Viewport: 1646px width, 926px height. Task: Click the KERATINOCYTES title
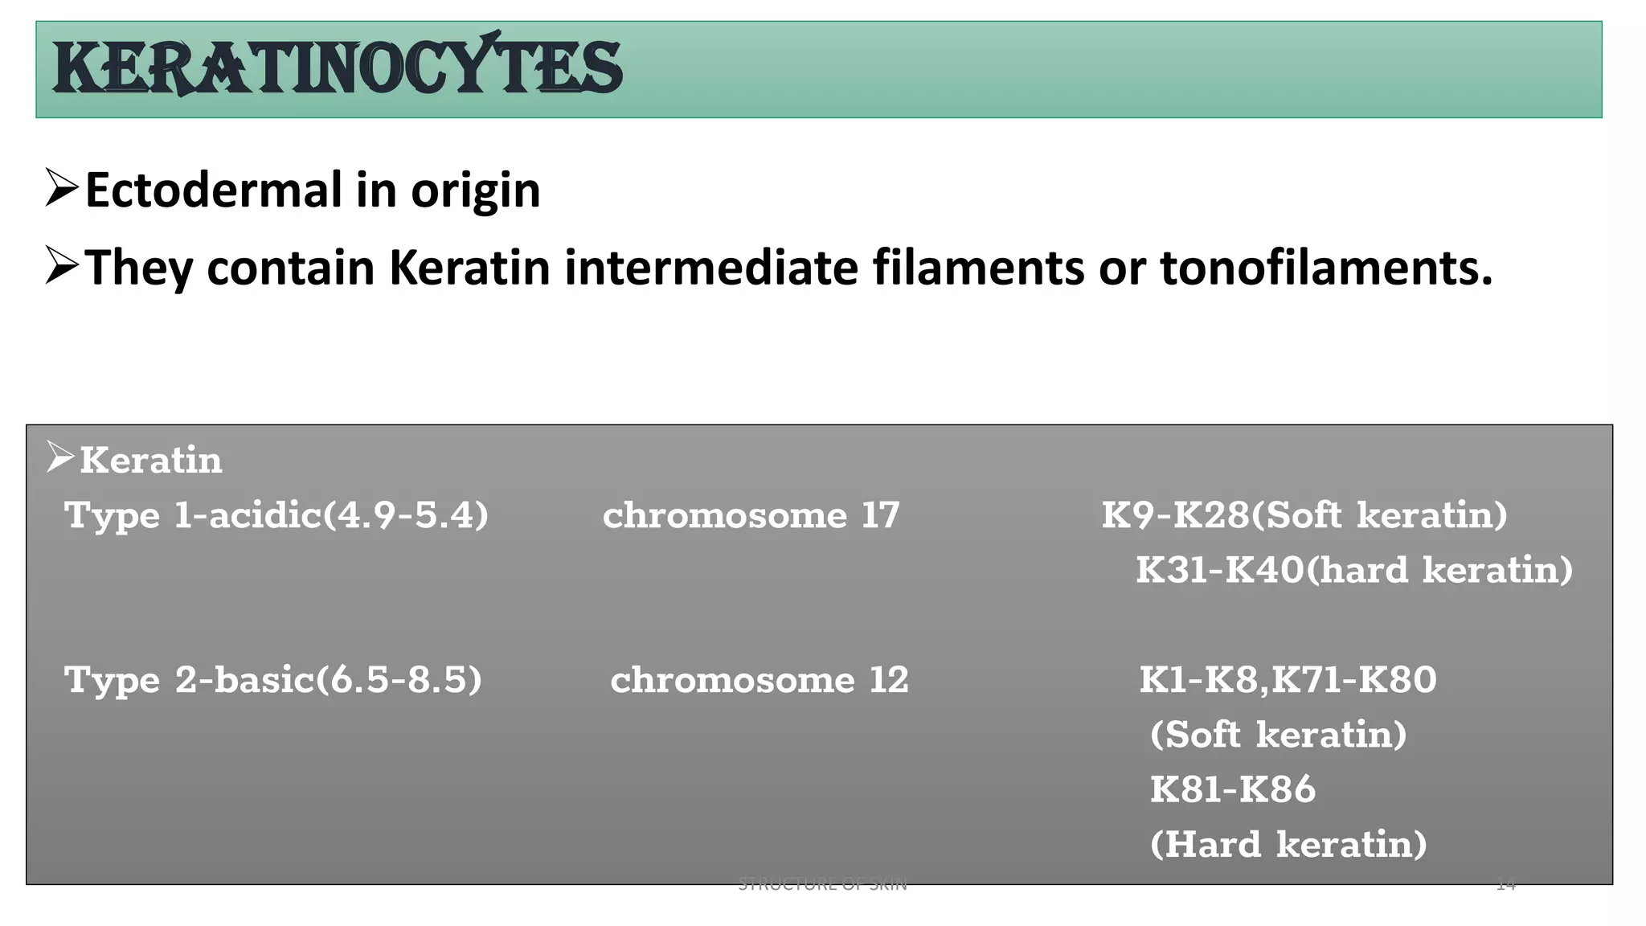click(x=337, y=67)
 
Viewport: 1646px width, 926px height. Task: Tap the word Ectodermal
click(x=213, y=191)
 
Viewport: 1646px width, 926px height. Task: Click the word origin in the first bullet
click(x=475, y=192)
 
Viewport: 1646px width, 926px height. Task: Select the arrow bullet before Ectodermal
click(x=61, y=188)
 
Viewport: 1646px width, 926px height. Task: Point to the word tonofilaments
click(x=1325, y=267)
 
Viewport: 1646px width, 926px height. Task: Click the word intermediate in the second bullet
click(x=711, y=267)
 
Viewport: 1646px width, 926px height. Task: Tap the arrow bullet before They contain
click(x=61, y=265)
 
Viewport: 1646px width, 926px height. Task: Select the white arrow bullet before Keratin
click(x=59, y=457)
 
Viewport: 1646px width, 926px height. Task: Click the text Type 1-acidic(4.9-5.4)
click(x=276, y=515)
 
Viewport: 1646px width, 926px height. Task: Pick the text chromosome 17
click(x=751, y=515)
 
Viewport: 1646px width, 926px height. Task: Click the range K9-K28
click(x=1175, y=515)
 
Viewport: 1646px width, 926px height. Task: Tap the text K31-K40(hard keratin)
click(x=1353, y=570)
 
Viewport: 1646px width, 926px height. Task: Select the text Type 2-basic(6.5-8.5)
click(x=272, y=680)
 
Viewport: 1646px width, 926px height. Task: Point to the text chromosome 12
click(x=759, y=680)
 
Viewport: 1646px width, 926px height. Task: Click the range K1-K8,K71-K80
click(x=1288, y=680)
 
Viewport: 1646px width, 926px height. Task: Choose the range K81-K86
click(x=1232, y=789)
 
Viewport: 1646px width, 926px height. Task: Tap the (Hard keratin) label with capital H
click(x=1288, y=844)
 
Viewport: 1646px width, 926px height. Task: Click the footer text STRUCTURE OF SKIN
click(x=822, y=885)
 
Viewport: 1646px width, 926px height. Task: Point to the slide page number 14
click(x=1505, y=885)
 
